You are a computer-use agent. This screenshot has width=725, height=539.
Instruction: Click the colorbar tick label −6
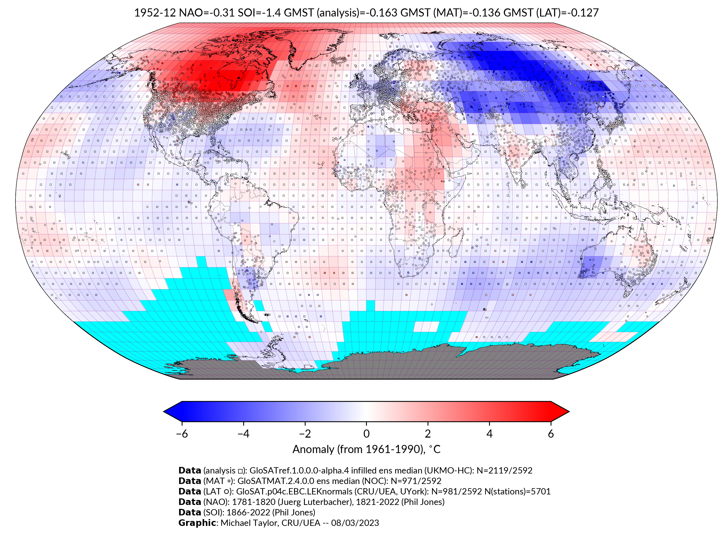pyautogui.click(x=181, y=434)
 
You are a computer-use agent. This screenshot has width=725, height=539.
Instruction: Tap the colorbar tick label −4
pyautogui.click(x=243, y=434)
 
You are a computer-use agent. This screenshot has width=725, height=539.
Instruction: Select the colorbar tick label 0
pyautogui.click(x=366, y=434)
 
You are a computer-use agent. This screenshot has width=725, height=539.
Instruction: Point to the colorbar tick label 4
pyautogui.click(x=489, y=434)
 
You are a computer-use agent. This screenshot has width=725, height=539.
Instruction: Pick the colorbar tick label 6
pyautogui.click(x=551, y=434)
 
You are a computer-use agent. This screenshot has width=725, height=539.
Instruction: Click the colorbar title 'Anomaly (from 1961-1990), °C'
pyautogui.click(x=366, y=449)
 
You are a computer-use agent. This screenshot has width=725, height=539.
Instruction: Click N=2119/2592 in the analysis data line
pyautogui.click(x=504, y=471)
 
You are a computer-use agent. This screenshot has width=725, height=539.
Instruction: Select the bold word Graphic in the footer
pyautogui.click(x=197, y=523)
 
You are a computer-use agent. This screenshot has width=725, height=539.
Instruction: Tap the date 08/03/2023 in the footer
pyautogui.click(x=355, y=523)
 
